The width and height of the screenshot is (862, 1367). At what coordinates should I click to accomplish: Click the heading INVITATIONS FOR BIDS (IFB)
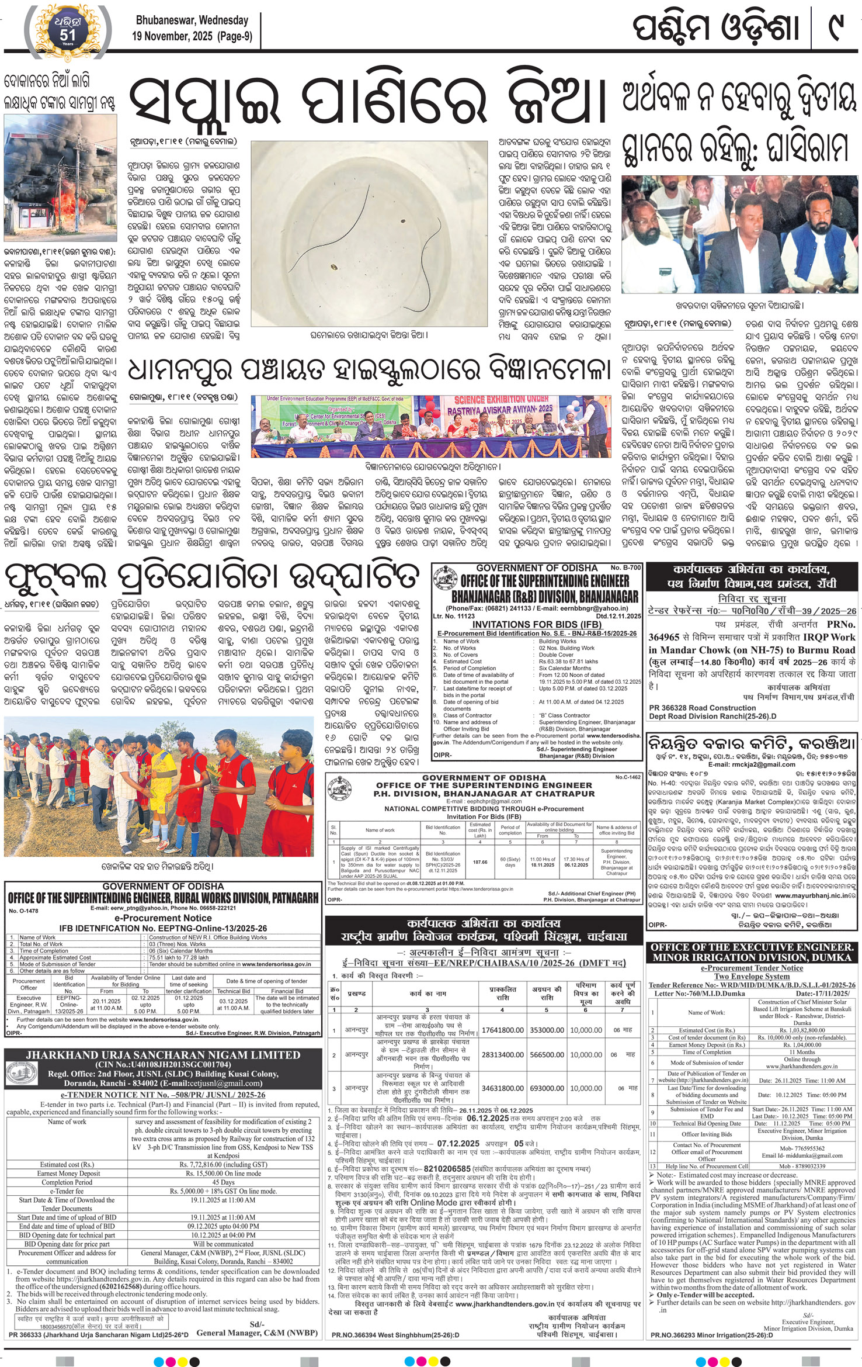click(x=536, y=624)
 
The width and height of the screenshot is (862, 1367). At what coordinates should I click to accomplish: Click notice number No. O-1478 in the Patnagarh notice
click(x=23, y=911)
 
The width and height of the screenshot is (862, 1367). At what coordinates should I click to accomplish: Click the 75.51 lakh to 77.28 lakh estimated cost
click(x=180, y=957)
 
